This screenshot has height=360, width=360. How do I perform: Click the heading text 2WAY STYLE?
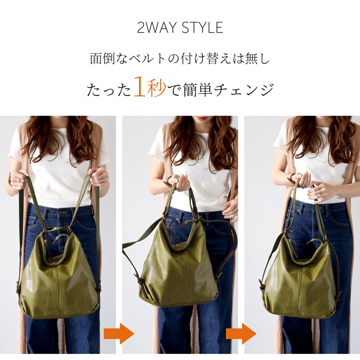180,27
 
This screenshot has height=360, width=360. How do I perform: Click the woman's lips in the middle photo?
202,118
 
